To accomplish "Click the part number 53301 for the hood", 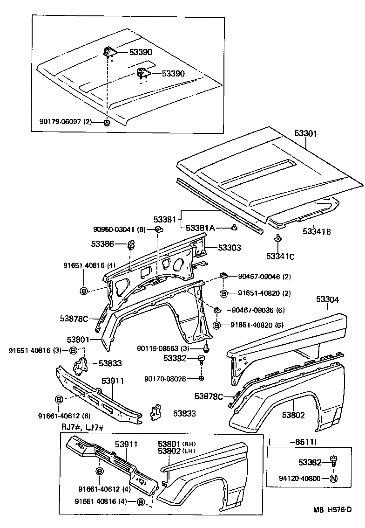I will pos(305,133).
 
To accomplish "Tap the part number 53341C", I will pos(280,256).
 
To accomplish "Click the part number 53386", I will pos(102,243).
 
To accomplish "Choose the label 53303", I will pos(230,248).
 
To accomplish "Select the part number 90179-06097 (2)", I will pos(66,122).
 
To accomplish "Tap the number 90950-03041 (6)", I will pos(120,229).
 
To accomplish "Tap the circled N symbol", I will pos(333,479).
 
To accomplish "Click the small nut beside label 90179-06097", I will pos(106,122).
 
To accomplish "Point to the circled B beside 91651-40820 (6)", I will pos(217,325).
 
